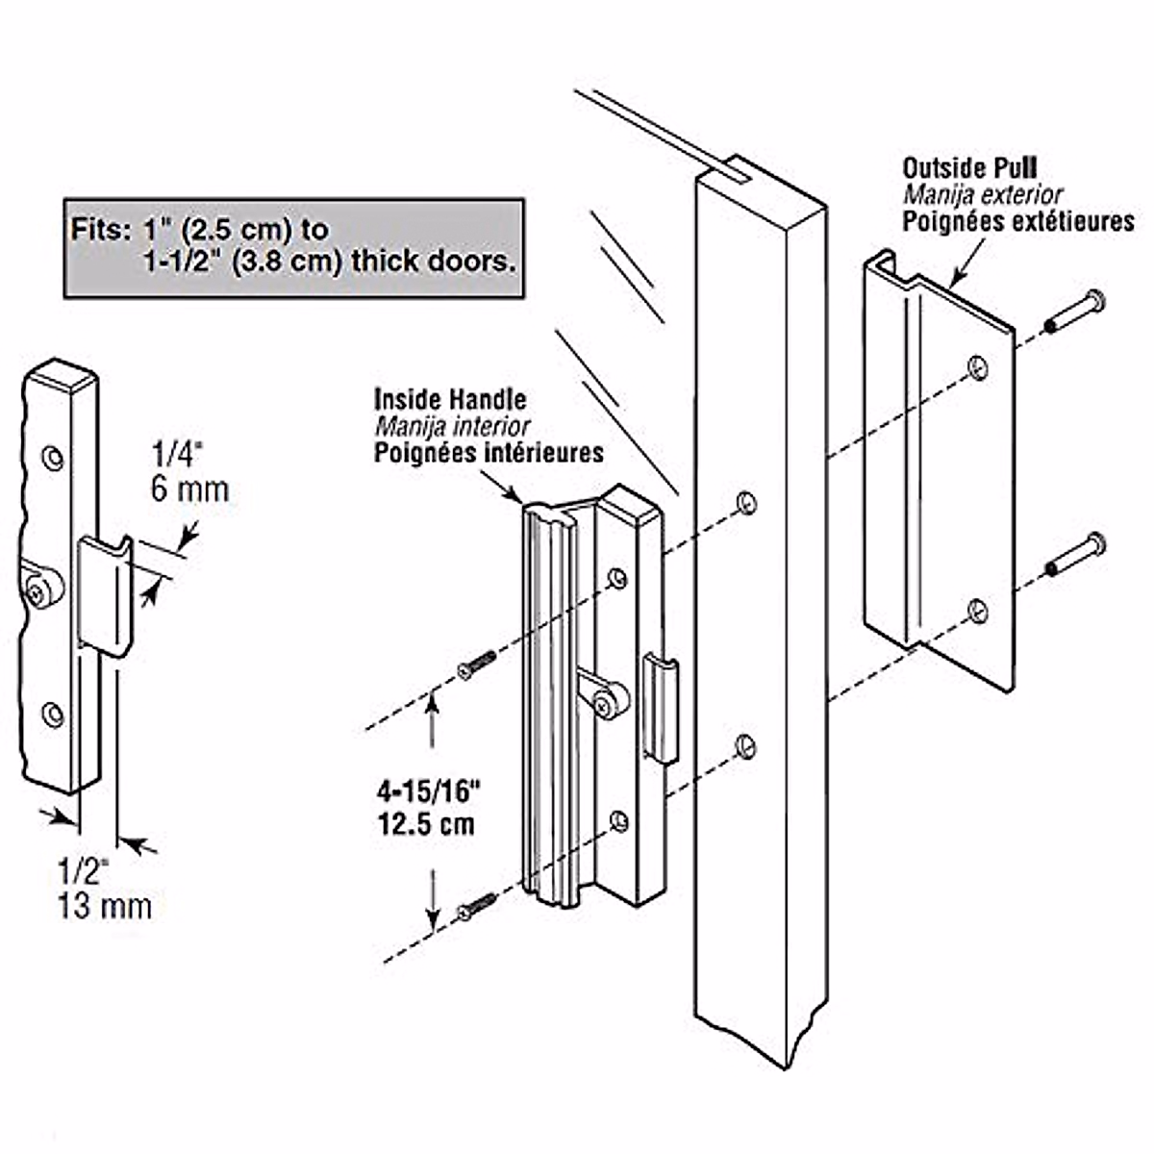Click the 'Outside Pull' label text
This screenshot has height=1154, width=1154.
tap(968, 168)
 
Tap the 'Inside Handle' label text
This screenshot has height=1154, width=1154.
tap(450, 399)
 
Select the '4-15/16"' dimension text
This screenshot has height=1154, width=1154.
tap(428, 792)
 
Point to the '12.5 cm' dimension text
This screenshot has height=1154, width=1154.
tap(426, 824)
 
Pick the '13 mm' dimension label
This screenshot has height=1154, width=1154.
tap(105, 906)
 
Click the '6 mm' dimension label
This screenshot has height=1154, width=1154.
tap(189, 489)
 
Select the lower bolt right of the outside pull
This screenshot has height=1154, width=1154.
tap(1077, 555)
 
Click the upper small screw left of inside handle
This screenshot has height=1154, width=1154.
tap(477, 665)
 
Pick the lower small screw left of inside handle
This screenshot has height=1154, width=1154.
tap(477, 906)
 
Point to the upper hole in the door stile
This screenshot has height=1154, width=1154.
tap(745, 502)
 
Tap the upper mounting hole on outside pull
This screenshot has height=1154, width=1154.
tap(977, 366)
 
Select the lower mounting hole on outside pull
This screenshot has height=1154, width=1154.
tap(977, 610)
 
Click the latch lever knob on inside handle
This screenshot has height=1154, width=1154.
tap(609, 702)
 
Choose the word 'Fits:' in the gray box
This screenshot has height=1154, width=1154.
tap(96, 232)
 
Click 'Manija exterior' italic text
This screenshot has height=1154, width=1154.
tap(982, 195)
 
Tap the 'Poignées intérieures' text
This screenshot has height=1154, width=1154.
tap(489, 453)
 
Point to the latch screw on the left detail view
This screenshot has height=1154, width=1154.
tap(39, 590)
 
